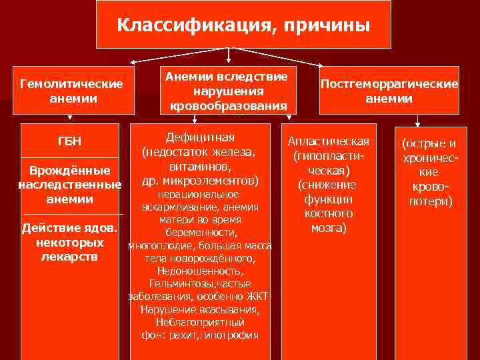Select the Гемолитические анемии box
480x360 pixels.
73,91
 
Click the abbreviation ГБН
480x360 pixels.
72,142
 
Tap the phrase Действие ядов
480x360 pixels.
69,228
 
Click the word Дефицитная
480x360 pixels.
200,137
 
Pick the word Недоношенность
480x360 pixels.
200,271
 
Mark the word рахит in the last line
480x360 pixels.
191,335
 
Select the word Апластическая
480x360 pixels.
328,143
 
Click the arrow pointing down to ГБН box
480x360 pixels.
72,117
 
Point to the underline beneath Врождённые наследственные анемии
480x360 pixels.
72,213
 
